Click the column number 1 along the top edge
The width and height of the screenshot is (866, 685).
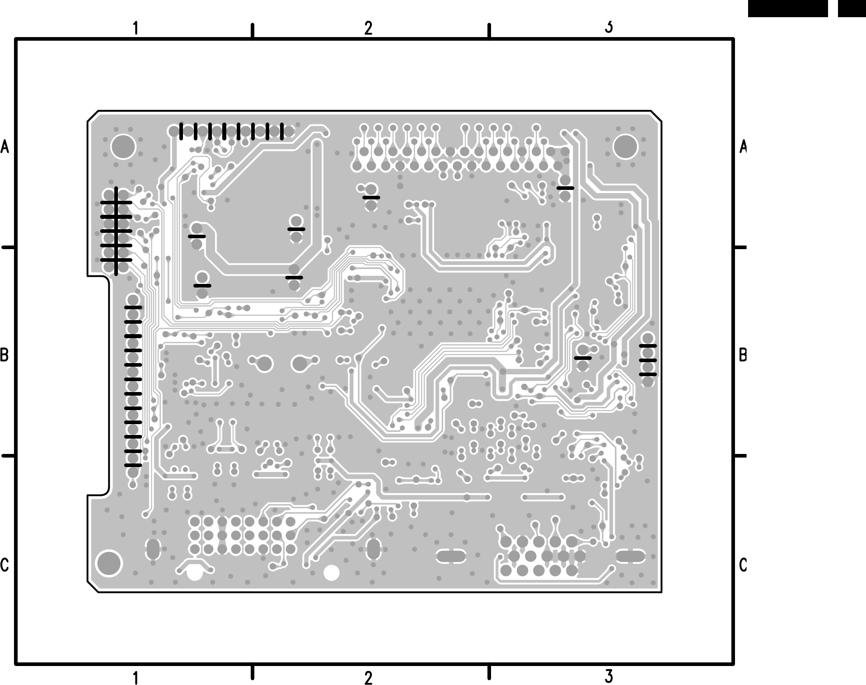click(x=135, y=28)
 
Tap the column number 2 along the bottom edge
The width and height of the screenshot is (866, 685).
click(x=368, y=678)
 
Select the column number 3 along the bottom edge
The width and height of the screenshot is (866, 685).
click(x=609, y=677)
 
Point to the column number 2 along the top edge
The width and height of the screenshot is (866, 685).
click(x=368, y=28)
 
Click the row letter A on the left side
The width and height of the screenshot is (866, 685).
click(x=5, y=146)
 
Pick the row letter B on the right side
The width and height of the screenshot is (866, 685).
click(x=743, y=355)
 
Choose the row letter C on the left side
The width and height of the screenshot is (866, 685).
click(x=5, y=565)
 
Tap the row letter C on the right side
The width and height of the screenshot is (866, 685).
click(x=743, y=565)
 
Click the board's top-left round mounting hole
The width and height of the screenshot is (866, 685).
click(x=123, y=146)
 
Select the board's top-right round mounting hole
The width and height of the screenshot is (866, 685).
click(x=626, y=146)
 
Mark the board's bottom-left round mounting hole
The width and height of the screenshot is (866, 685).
click(x=109, y=563)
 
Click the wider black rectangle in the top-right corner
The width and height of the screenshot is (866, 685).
click(x=787, y=9)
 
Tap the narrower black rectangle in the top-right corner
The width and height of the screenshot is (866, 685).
click(x=852, y=9)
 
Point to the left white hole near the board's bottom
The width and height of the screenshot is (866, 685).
click(x=195, y=573)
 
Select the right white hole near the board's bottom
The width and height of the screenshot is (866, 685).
click(x=332, y=573)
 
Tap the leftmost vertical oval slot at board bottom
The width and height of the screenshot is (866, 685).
click(x=153, y=549)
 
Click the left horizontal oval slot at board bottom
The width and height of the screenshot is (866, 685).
click(x=450, y=556)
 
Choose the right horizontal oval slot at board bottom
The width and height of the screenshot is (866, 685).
click(x=630, y=556)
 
